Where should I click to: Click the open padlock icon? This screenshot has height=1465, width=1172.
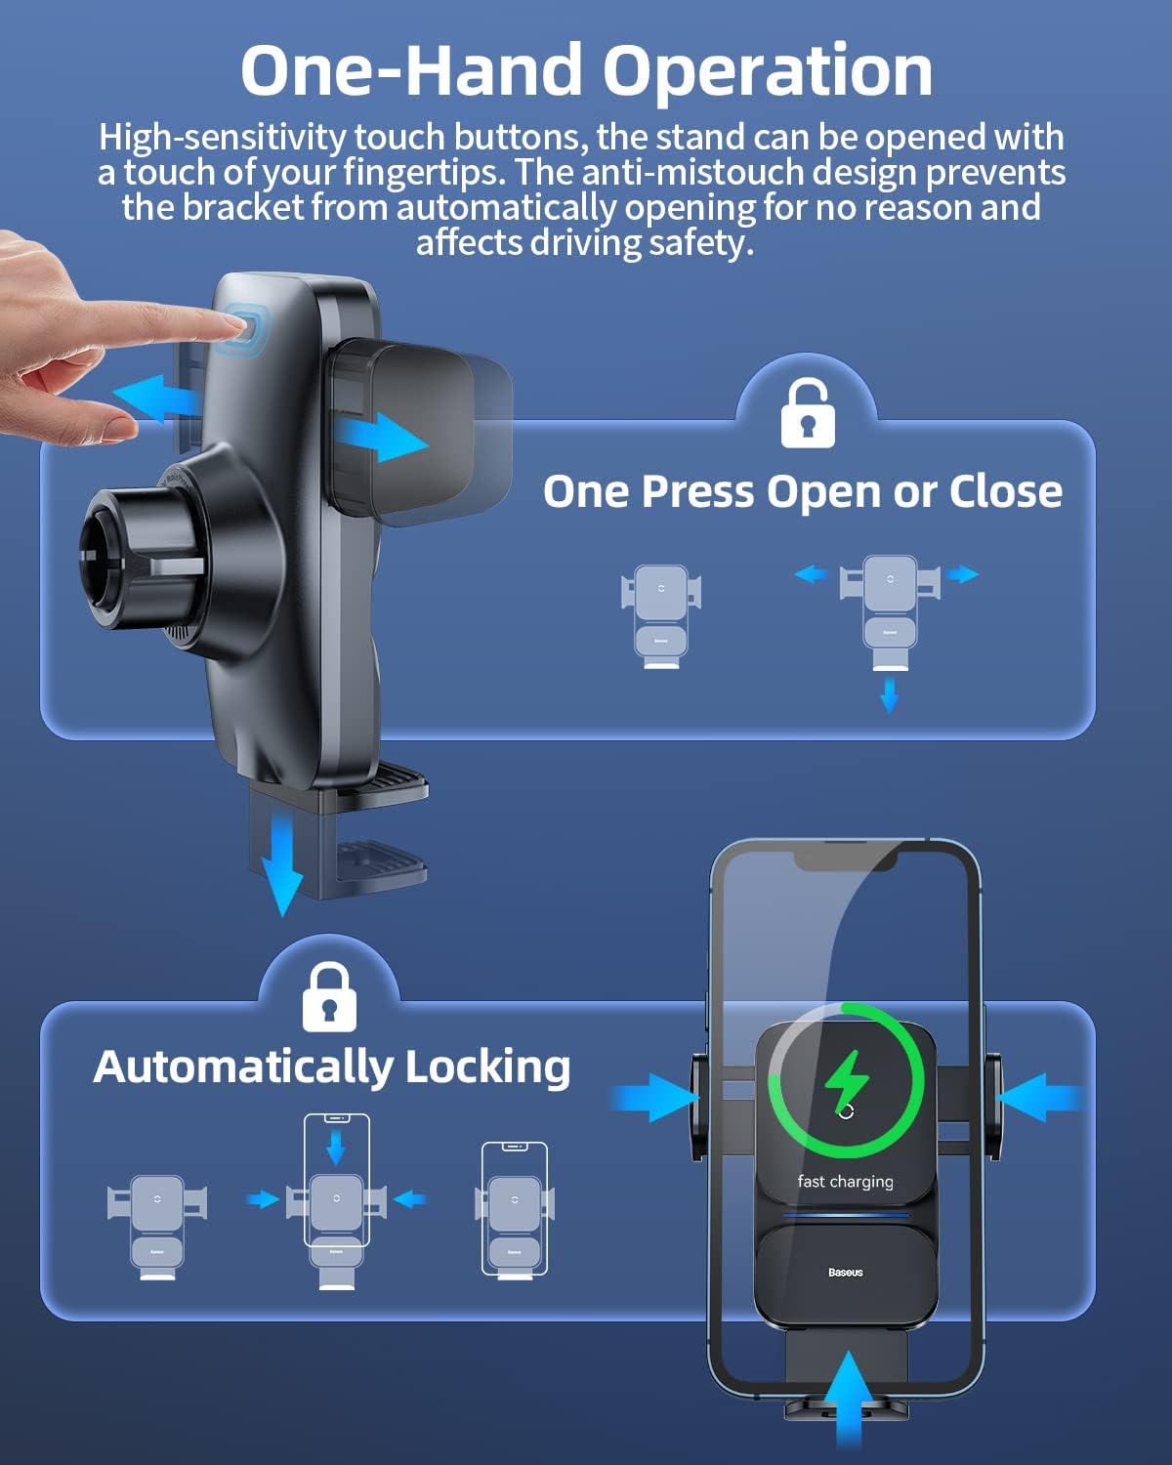[808, 414]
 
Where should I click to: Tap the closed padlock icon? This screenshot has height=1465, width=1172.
[329, 997]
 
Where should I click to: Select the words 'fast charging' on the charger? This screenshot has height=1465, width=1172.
[845, 1181]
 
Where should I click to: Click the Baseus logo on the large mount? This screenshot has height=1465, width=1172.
[845, 1272]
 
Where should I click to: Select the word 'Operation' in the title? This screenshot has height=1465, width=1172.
[768, 71]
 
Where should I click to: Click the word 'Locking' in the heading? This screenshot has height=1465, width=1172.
[487, 1066]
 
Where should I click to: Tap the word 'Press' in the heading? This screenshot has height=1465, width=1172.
[698, 490]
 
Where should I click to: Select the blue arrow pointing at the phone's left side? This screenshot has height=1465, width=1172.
[654, 1098]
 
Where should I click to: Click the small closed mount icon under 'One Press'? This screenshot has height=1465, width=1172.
[661, 615]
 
